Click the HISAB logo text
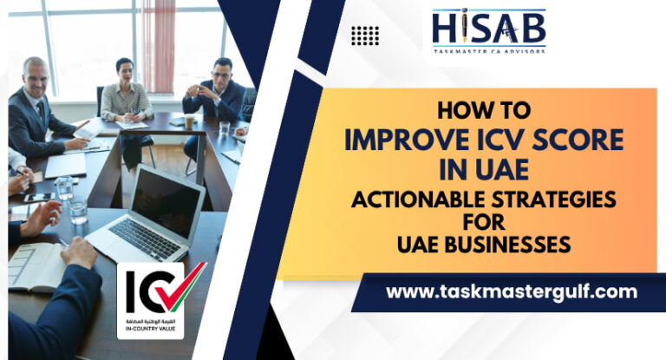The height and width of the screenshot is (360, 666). (489, 29)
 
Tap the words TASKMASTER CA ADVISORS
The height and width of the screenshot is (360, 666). (489, 52)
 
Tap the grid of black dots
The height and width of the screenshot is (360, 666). (365, 36)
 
